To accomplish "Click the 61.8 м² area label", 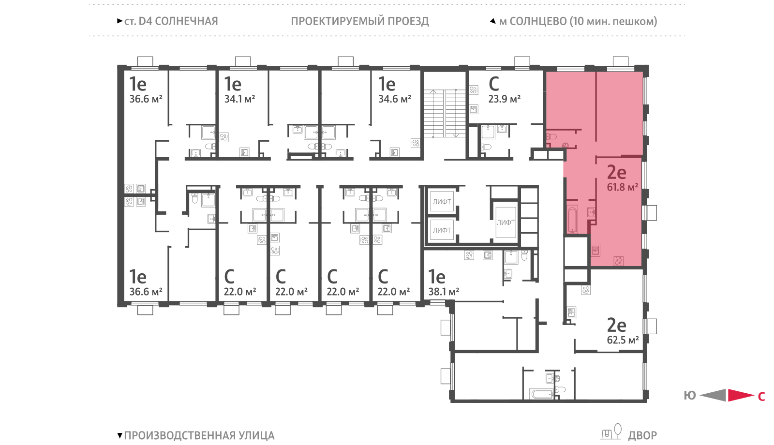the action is (x=622, y=187).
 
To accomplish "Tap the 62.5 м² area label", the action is (x=623, y=340).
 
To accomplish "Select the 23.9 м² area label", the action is (x=504, y=99).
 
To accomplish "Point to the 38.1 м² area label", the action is (x=444, y=292).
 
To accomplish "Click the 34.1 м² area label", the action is (x=239, y=99).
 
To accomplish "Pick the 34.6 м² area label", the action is (x=395, y=99).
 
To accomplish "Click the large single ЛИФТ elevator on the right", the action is (x=506, y=222).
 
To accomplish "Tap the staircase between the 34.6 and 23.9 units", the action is (x=445, y=113).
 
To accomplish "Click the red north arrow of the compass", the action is (x=741, y=395).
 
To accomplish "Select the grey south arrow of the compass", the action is (x=713, y=395).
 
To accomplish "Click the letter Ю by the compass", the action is (x=690, y=396).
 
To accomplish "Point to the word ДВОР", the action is (x=642, y=436).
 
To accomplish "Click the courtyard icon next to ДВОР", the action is (x=611, y=432).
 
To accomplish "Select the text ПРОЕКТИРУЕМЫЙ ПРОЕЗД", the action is (x=360, y=21).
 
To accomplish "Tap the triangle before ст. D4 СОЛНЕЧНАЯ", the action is (x=120, y=21).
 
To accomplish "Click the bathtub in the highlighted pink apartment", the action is (x=572, y=220).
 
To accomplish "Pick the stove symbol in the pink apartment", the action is (x=619, y=261).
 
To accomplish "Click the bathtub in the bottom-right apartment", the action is (x=542, y=394).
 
